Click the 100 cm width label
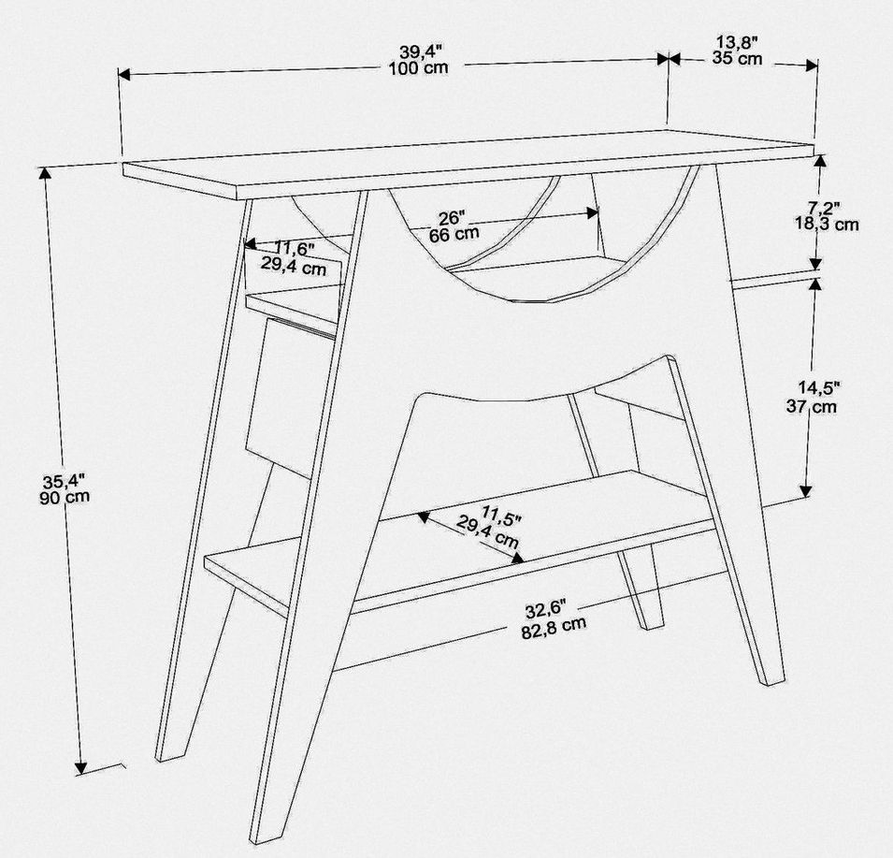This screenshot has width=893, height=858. pos(418,68)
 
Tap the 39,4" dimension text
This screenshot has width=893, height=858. pos(420,51)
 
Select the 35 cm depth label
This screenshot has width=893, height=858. pos(737,58)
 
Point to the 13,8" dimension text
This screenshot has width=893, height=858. pos(737,41)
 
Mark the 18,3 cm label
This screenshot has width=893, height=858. pos(827,224)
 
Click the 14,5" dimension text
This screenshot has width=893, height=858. pos(819,388)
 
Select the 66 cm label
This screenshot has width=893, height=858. pos(454,234)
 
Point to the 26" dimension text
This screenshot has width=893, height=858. pos(453,218)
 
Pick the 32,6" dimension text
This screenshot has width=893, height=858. pos(545,610)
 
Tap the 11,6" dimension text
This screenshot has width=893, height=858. pos(294,248)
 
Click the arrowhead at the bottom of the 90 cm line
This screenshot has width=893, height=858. pos(80,768)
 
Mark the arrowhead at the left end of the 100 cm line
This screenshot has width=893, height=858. pos(124,75)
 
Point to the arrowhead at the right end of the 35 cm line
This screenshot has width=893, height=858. pos(813,65)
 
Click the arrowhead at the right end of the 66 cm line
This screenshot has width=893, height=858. pos(593,213)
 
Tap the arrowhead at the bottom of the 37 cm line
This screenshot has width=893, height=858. pos(805,490)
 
